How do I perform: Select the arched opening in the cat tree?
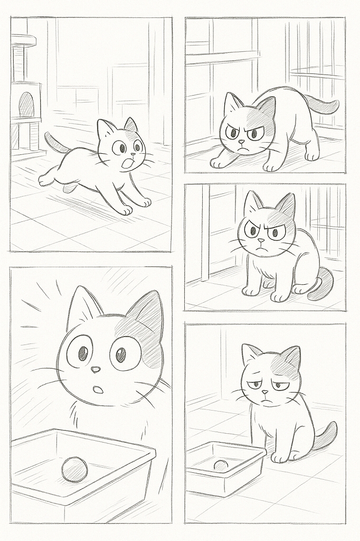[x=26, y=105]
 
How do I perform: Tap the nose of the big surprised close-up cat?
[x=95, y=369]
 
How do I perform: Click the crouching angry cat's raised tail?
[x=324, y=105]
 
